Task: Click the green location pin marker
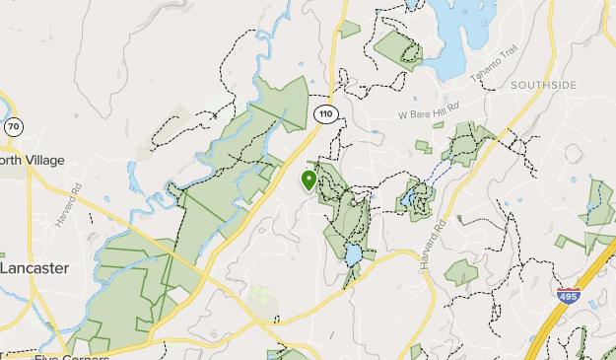coord(308,180)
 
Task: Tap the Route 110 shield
coord(325,114)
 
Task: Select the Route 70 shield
coord(13,127)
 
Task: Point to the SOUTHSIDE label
coord(543,86)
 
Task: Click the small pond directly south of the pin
coord(352,255)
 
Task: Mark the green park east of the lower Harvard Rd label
coord(461,273)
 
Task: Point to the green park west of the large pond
coord(396,47)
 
